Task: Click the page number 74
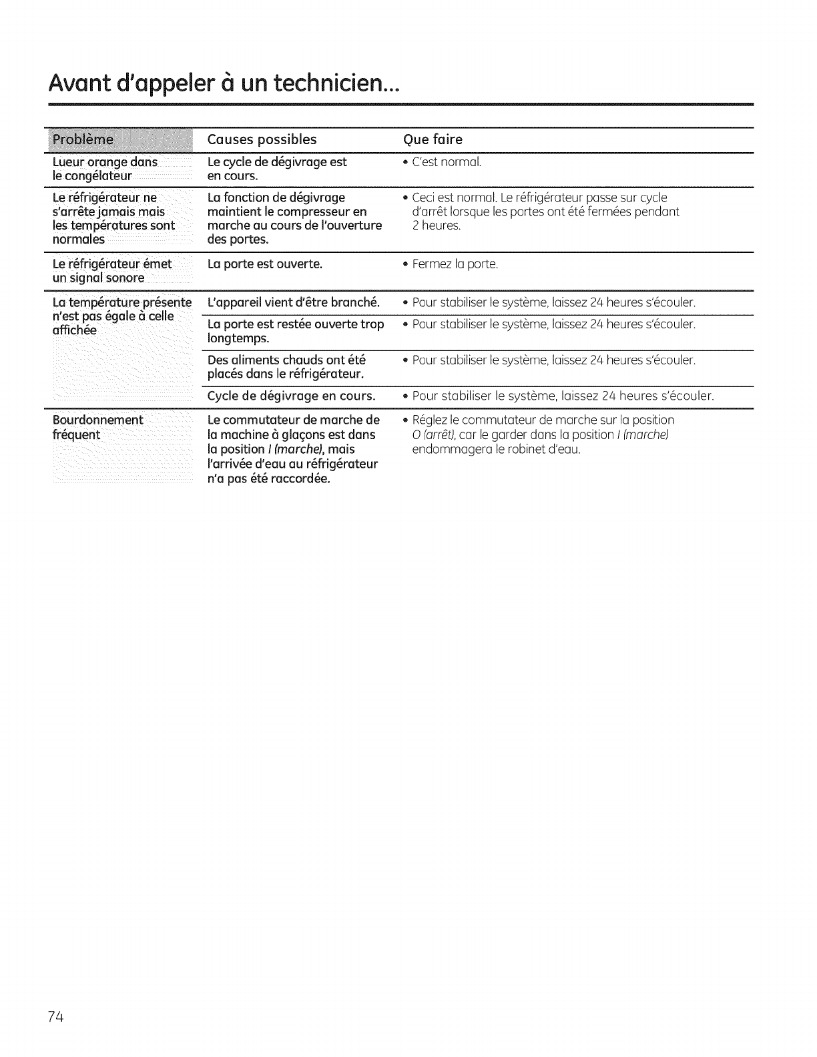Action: tap(55, 1017)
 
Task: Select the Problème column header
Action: tap(84, 139)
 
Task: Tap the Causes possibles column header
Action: tap(262, 139)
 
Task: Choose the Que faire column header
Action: tap(433, 139)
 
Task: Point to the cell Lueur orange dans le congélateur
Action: tap(105, 169)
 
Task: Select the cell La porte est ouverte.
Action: tap(265, 264)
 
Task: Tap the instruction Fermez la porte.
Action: tap(455, 264)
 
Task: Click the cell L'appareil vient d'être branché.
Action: tap(293, 302)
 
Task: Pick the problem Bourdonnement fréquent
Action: tap(97, 427)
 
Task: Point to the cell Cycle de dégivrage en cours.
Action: tap(291, 396)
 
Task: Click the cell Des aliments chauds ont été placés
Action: tap(286, 367)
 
